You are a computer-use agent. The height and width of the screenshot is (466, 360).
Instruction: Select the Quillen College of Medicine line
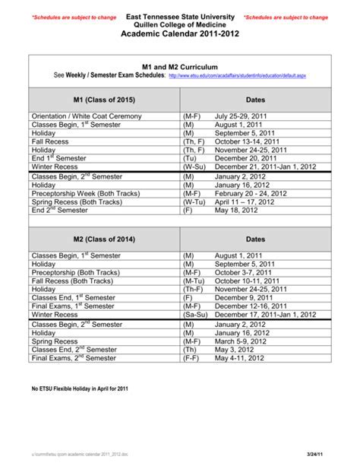pyautogui.click(x=180, y=25)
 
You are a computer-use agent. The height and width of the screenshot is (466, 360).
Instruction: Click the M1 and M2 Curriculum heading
pyautogui.click(x=180, y=67)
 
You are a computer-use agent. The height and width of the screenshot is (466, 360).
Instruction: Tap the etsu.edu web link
pyautogui.click(x=237, y=77)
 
